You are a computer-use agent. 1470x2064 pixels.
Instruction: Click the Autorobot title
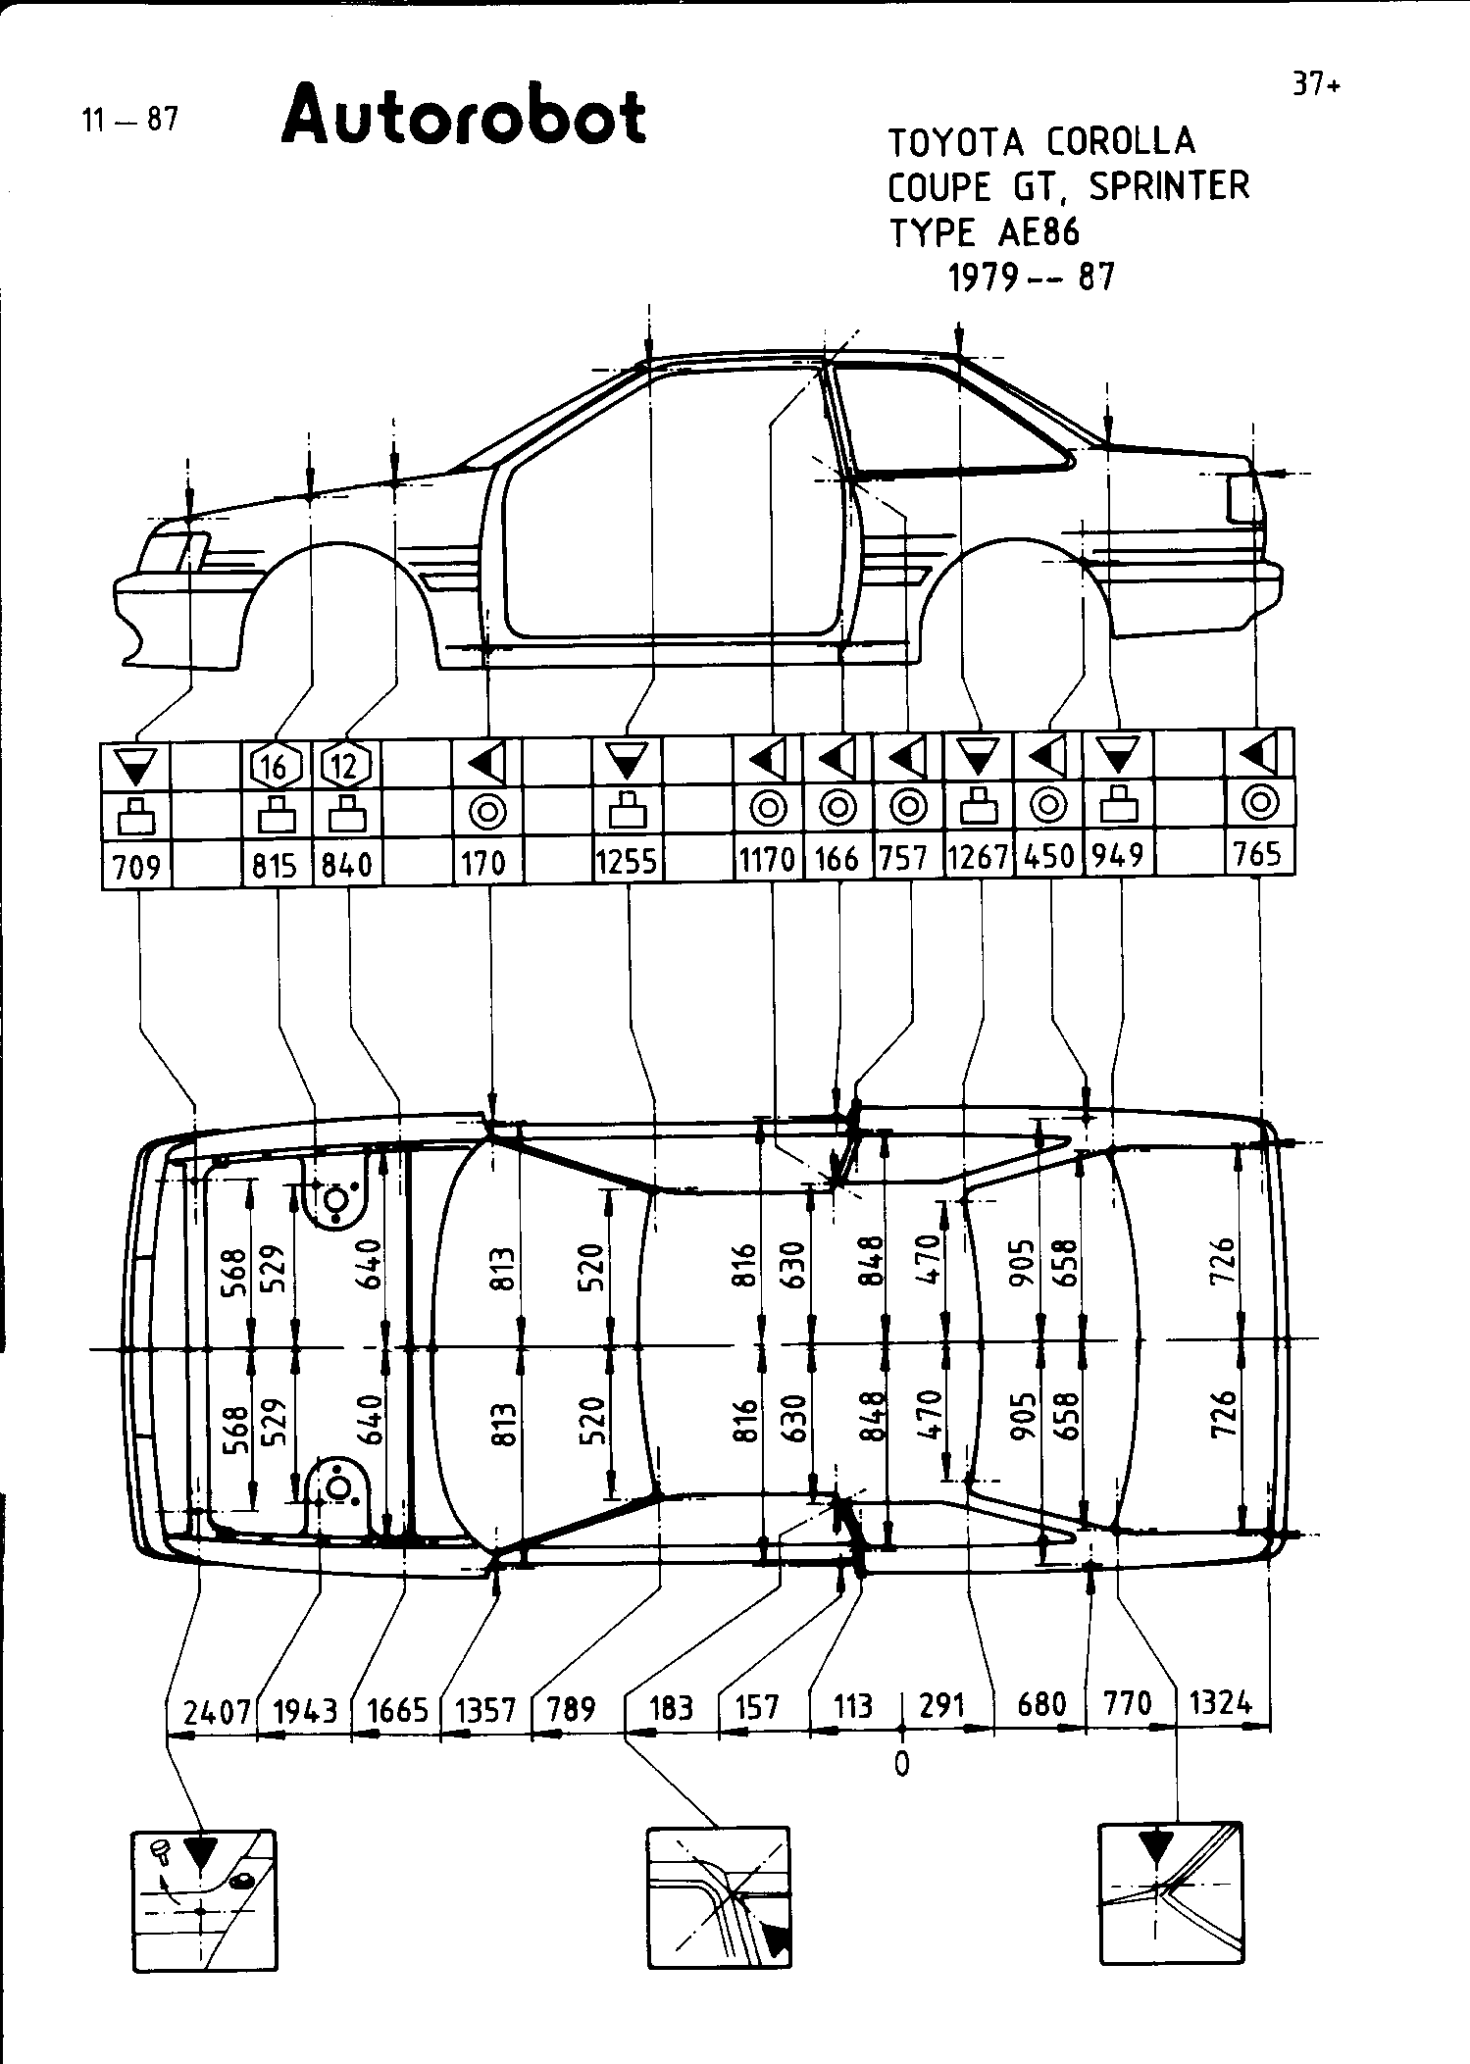click(x=463, y=117)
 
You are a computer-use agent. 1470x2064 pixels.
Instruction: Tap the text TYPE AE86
click(x=984, y=233)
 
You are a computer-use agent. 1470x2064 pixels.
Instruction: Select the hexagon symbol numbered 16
click(x=276, y=765)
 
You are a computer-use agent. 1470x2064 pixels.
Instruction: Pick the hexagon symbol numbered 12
click(x=345, y=765)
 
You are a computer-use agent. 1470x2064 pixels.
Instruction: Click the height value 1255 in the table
click(x=628, y=862)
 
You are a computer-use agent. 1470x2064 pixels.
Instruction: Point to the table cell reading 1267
click(x=979, y=858)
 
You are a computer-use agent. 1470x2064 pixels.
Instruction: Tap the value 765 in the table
click(x=1258, y=854)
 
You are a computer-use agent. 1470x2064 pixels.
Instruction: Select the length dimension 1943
click(x=305, y=1710)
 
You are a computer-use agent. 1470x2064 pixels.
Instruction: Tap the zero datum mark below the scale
click(x=901, y=1764)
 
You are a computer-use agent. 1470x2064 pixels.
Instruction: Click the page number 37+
click(x=1315, y=85)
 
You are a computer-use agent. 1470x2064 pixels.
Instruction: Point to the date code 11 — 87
click(x=130, y=120)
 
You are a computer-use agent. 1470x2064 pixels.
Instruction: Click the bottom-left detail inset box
click(x=204, y=1900)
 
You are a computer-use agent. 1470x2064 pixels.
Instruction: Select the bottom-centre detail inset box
click(x=719, y=1897)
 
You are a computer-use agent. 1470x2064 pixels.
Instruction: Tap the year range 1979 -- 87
click(x=1031, y=278)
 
